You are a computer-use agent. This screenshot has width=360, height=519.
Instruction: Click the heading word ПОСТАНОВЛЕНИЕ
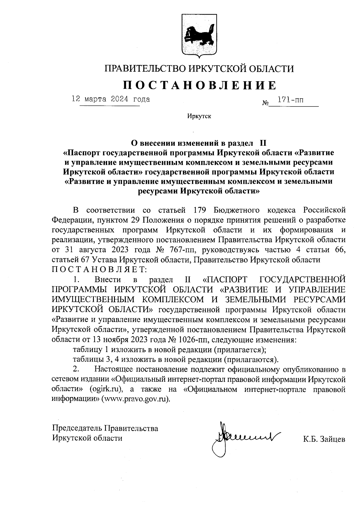199,85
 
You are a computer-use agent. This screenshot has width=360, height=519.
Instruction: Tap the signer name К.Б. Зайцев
324,440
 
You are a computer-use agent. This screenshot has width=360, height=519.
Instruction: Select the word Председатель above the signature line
77,428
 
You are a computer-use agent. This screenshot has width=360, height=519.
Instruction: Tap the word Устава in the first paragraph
106,260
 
